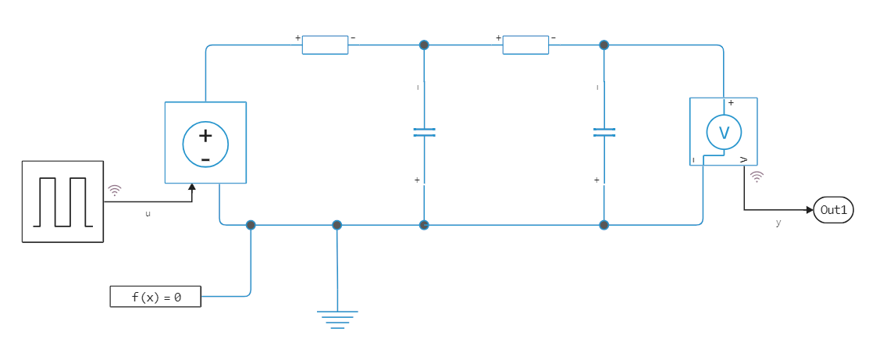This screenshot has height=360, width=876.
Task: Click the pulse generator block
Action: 62,201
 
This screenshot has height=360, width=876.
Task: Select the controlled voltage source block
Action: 205,143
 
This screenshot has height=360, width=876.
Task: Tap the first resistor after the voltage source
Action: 325,45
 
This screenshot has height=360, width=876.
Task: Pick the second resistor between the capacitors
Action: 525,45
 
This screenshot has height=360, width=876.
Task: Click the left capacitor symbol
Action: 424,133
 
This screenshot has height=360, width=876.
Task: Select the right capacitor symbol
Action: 604,133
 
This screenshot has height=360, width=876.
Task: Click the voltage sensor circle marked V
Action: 724,132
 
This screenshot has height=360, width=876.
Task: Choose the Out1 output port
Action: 833,210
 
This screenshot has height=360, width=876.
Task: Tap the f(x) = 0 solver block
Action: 155,297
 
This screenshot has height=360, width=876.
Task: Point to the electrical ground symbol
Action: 337,319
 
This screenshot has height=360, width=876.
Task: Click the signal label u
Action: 148,213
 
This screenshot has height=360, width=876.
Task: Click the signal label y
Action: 778,223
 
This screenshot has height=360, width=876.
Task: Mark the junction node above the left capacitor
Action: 424,45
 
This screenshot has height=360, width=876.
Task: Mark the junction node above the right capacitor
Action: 604,45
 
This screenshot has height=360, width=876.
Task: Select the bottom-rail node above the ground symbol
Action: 337,225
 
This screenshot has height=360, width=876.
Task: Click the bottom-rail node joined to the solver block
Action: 251,225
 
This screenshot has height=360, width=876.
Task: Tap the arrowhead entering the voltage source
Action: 192,187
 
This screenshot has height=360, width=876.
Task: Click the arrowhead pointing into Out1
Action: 809,210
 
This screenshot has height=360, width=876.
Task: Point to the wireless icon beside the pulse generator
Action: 115,190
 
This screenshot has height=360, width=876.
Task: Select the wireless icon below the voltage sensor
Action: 756,177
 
